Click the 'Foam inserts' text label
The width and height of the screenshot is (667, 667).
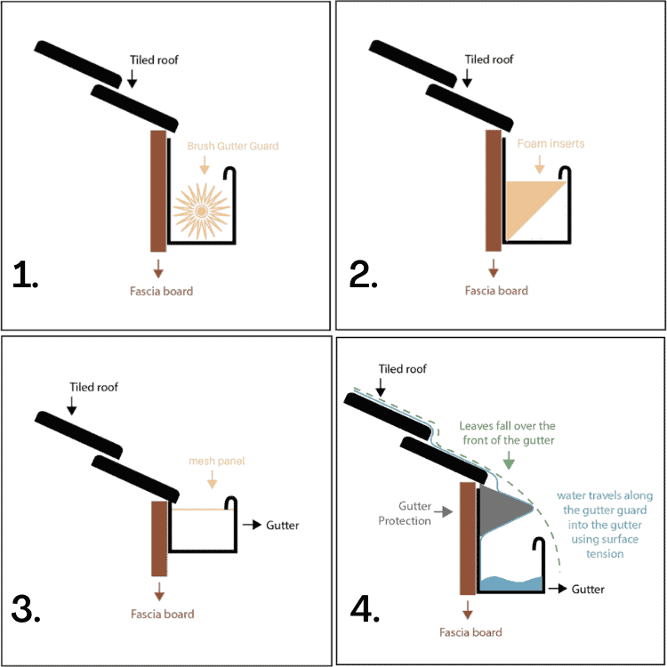550,142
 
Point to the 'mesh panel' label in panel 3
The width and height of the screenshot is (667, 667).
216,461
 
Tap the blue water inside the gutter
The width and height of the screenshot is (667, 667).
511,584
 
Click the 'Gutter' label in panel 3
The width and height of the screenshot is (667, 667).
282,525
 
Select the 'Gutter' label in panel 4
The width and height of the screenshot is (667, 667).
587,589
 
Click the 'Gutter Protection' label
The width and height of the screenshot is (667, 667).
412,512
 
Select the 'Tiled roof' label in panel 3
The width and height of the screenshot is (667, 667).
93,387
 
